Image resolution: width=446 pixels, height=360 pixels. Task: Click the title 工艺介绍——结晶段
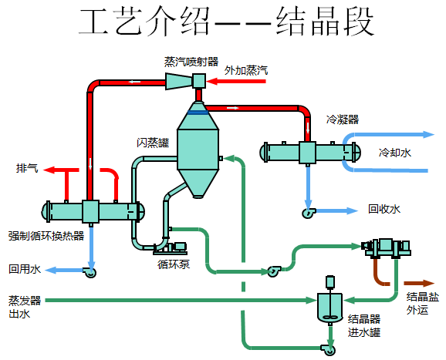[226, 22]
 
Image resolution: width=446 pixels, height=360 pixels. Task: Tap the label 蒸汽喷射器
[191, 62]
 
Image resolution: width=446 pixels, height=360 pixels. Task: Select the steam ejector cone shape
[179, 81]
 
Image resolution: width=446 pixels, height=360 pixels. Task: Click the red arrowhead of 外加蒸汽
[212, 82]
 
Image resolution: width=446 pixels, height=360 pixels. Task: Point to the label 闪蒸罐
[153, 143]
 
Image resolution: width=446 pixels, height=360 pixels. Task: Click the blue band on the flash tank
[198, 113]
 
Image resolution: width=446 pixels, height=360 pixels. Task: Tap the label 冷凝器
[343, 119]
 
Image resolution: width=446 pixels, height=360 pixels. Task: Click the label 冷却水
[395, 153]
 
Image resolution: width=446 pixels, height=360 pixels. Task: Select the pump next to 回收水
[309, 213]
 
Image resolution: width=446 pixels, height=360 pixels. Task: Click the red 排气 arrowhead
[49, 170]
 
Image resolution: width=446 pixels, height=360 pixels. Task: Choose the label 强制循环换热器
[46, 236]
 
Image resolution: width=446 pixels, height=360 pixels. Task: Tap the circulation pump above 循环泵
[170, 248]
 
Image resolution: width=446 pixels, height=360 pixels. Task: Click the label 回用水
[25, 269]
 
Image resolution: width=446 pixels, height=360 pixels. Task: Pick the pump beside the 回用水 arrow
[90, 272]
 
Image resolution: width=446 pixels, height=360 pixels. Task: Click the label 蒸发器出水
[25, 307]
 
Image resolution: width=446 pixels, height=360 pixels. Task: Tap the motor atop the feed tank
[330, 281]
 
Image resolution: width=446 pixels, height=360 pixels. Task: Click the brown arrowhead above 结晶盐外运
[429, 283]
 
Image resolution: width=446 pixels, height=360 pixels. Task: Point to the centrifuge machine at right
[386, 248]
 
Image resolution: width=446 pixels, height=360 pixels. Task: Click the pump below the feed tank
[328, 349]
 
